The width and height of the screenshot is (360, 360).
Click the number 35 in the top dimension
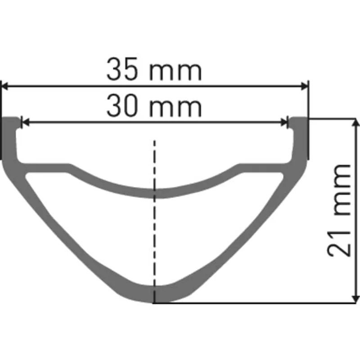point(123,71)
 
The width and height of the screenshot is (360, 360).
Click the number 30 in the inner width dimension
point(123,108)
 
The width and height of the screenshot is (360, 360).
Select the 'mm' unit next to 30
point(175,108)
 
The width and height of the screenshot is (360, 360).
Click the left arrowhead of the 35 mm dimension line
point(5,85)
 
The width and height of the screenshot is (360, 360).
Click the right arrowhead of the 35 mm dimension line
point(305,85)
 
